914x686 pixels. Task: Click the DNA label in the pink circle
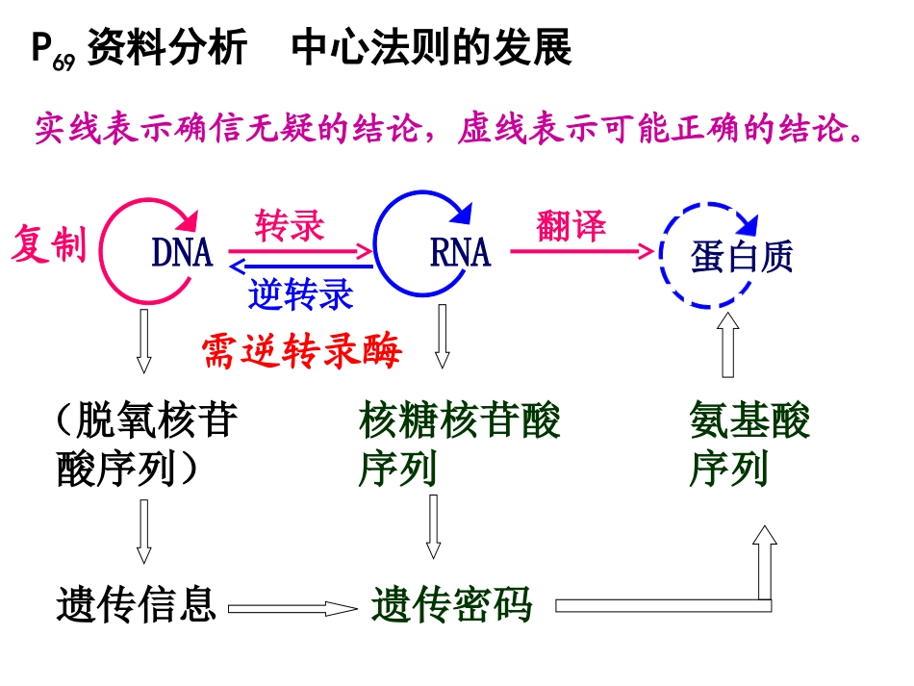[x=183, y=252]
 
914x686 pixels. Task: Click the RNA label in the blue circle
[x=461, y=252]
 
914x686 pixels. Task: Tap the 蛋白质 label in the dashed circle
[x=742, y=256]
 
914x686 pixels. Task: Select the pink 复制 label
[x=49, y=243]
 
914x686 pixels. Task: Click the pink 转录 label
[x=290, y=225]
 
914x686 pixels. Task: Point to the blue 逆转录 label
[x=301, y=293]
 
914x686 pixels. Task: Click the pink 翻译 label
[x=571, y=225]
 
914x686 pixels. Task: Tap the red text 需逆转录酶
[x=302, y=351]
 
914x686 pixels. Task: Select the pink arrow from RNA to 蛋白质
[x=582, y=251]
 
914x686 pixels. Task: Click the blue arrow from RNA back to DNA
[x=301, y=267]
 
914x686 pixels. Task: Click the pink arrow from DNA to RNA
[x=300, y=252]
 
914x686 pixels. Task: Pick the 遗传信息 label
[x=137, y=604]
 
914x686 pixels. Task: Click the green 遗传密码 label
[x=452, y=604]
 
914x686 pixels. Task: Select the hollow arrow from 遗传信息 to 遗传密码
[x=292, y=609]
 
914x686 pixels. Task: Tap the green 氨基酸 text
[x=749, y=419]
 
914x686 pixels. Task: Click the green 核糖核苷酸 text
[x=460, y=419]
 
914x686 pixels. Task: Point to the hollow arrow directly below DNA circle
[x=143, y=341]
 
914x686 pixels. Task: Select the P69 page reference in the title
[x=53, y=50]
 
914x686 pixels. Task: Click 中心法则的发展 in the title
[x=431, y=48]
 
